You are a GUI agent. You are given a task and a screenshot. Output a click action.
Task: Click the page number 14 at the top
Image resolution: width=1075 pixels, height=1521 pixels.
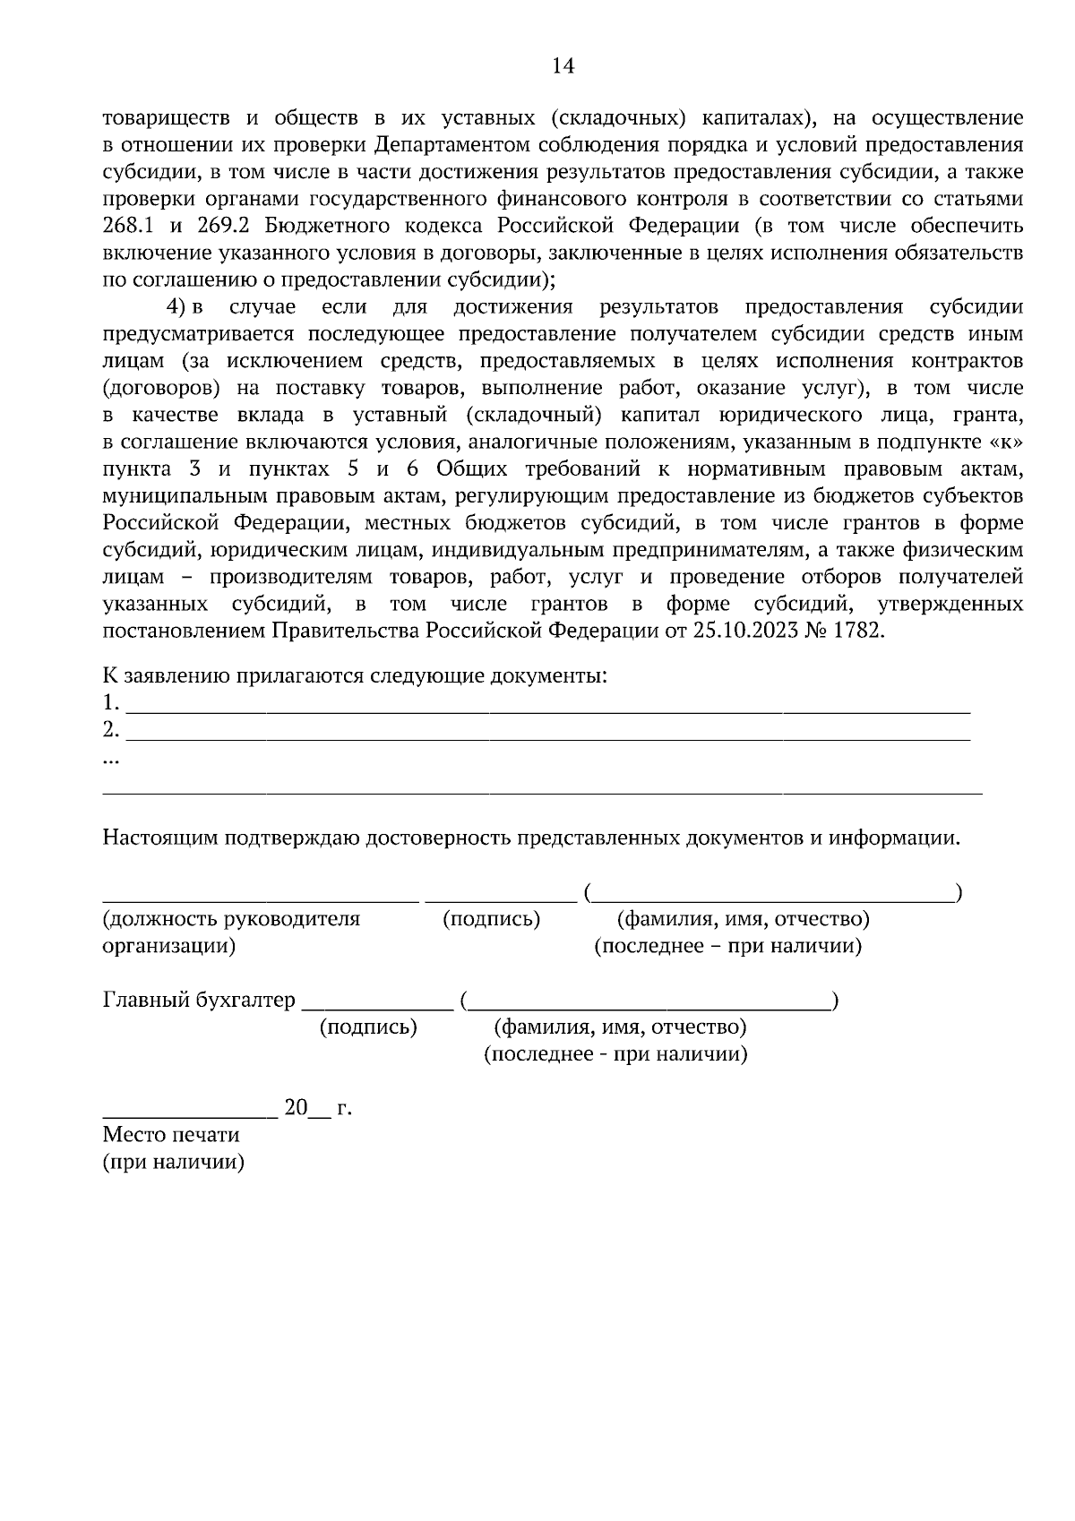click(x=563, y=66)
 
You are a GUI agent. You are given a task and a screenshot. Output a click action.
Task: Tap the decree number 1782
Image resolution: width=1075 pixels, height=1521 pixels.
click(x=857, y=631)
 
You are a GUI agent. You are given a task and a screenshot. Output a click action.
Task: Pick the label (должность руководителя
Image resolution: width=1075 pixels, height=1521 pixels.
click(x=231, y=919)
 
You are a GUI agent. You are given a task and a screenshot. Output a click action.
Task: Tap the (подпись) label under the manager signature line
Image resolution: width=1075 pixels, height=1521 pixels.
click(x=492, y=919)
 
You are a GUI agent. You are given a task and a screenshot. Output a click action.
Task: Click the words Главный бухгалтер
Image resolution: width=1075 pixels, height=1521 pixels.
click(x=199, y=1001)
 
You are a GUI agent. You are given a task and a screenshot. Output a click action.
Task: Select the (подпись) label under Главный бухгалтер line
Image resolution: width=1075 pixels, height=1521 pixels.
click(x=368, y=1027)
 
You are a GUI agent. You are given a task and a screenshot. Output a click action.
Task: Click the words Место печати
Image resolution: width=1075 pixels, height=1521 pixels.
click(x=171, y=1135)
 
